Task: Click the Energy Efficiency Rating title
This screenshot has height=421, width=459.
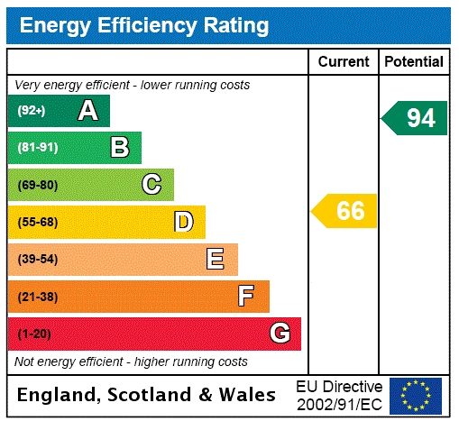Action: (144, 25)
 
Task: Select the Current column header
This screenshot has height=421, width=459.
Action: (344, 61)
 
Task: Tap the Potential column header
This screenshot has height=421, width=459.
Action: (414, 61)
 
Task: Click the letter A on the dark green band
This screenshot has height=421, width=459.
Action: (87, 111)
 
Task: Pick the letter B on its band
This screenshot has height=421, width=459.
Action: (120, 148)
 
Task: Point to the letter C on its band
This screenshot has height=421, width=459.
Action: (151, 185)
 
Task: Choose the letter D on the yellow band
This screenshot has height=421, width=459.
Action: (184, 222)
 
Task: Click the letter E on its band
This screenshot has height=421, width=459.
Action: (216, 260)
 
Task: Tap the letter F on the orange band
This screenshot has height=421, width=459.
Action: (246, 297)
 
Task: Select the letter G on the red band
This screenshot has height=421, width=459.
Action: (280, 334)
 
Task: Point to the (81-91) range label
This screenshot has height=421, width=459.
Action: (37, 148)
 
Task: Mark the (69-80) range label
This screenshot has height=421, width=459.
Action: (37, 185)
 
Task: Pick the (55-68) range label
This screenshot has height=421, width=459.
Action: (37, 222)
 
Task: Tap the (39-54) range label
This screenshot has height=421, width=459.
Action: (37, 260)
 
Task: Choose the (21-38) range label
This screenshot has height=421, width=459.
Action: (37, 297)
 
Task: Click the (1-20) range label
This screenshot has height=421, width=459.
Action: (34, 334)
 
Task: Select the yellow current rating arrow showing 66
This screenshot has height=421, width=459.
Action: (345, 211)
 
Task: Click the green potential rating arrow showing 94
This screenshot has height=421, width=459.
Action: (415, 118)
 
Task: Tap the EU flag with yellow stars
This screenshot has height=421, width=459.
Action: (416, 395)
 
